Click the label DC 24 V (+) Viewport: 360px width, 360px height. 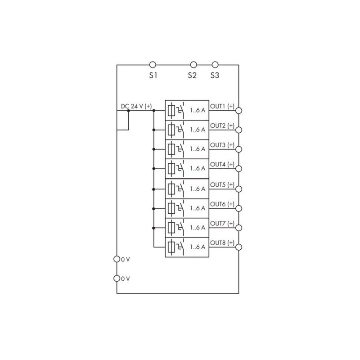pos(136,106)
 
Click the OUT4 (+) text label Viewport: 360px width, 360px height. pos(222,164)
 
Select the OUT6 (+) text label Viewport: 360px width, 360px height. pos(222,204)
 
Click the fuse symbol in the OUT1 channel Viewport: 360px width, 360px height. pos(171,110)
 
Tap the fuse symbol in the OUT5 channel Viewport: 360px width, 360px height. pos(171,189)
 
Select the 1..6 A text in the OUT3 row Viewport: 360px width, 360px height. pos(198,149)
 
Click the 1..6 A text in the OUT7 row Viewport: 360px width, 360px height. pos(198,228)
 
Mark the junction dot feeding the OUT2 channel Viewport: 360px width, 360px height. pos(154,130)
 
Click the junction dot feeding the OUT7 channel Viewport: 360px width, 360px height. pos(154,228)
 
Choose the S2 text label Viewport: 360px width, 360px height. pos(192,75)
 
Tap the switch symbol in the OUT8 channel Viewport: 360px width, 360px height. pos(180,247)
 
